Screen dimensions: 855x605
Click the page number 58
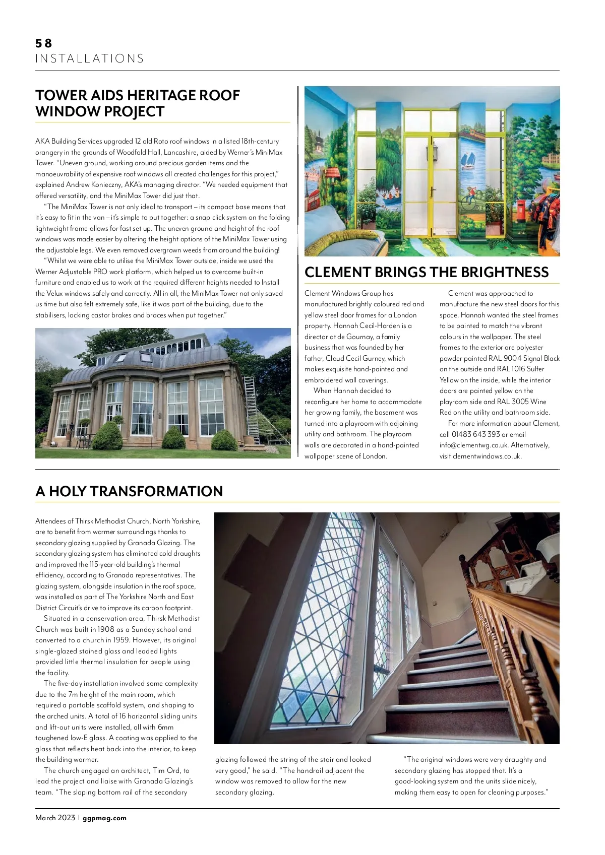click(x=44, y=43)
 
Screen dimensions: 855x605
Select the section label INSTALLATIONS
click(x=90, y=59)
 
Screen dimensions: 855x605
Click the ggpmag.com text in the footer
click(x=104, y=818)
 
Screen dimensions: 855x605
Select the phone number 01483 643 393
click(x=475, y=434)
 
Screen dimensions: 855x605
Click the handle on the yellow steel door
click(x=431, y=192)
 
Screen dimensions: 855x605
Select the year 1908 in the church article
click(x=106, y=629)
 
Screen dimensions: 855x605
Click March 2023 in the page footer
click(x=55, y=818)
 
